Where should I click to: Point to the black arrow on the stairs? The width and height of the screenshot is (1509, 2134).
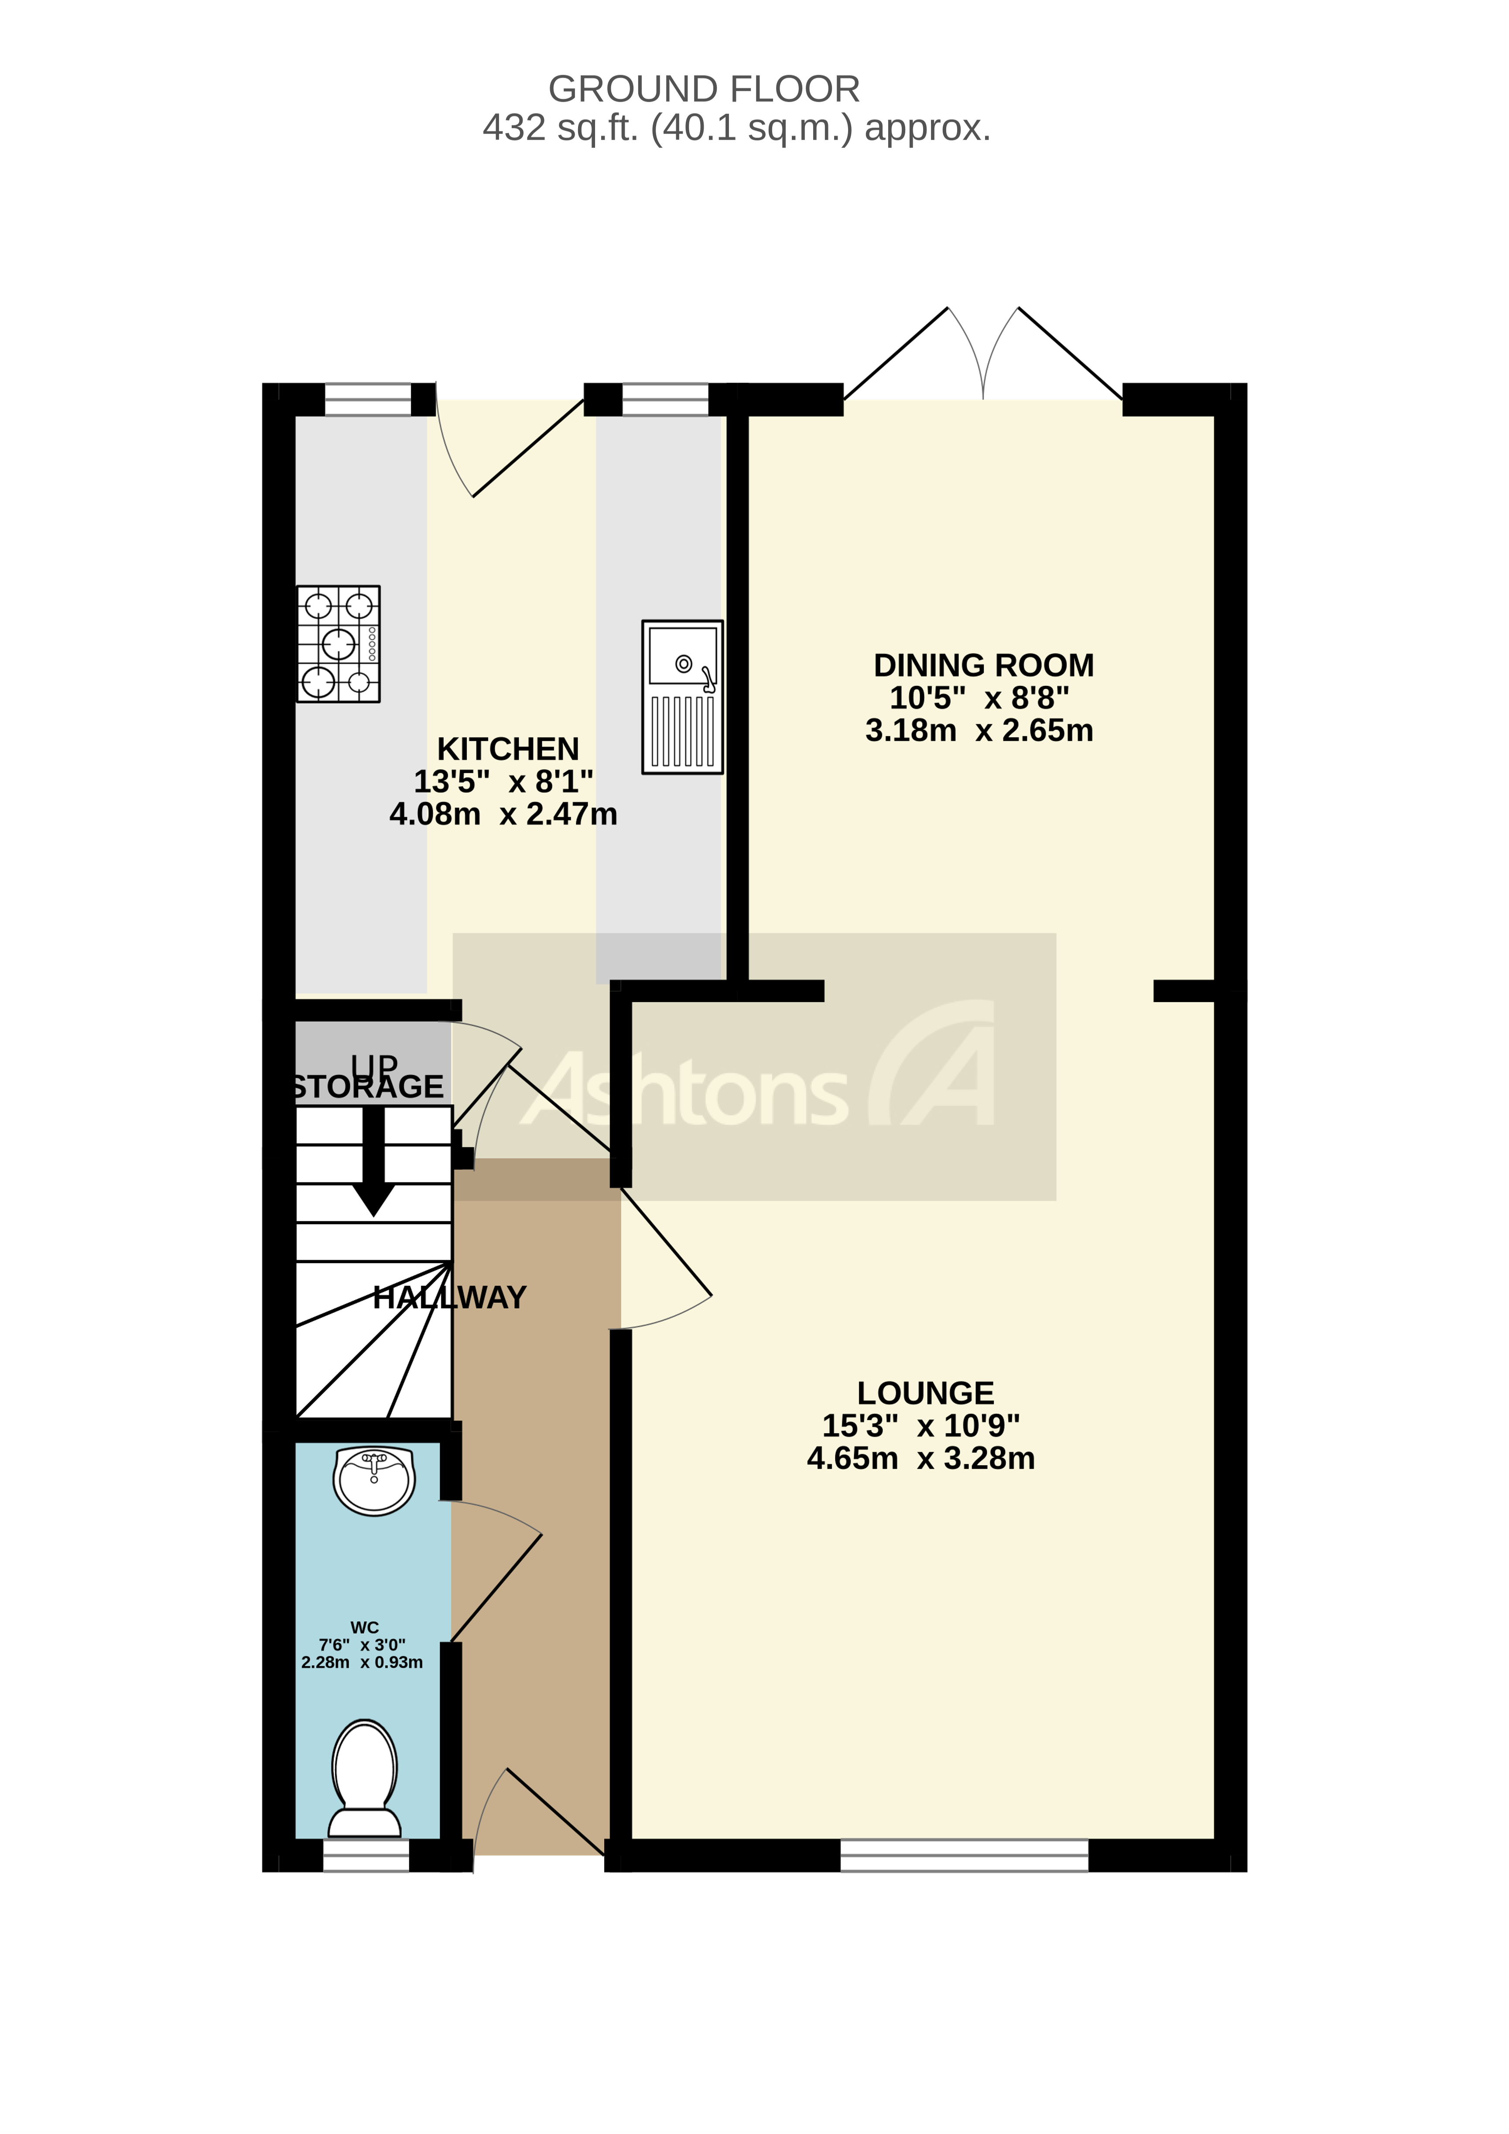[373, 1164]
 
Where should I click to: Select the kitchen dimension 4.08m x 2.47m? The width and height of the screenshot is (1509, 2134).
[503, 814]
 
